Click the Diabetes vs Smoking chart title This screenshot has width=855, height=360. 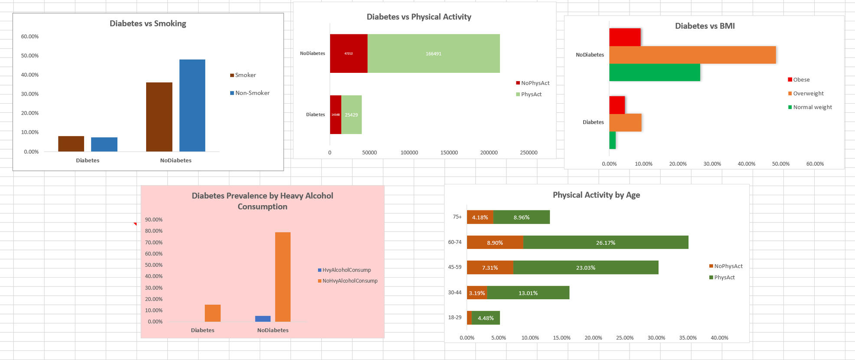pyautogui.click(x=148, y=23)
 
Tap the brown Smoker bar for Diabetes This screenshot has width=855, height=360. pyautogui.click(x=71, y=144)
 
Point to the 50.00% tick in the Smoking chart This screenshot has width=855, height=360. pyautogui.click(x=30, y=56)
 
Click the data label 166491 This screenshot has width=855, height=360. pyautogui.click(x=433, y=54)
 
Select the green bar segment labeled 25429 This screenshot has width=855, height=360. pyautogui.click(x=351, y=115)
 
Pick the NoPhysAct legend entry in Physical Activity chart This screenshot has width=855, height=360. pyautogui.click(x=535, y=83)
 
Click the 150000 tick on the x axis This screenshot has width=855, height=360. pyautogui.click(x=449, y=153)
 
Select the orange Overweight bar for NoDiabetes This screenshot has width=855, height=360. pyautogui.click(x=692, y=55)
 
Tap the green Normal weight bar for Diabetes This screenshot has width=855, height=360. pyautogui.click(x=612, y=140)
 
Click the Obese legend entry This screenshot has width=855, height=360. pyautogui.click(x=801, y=80)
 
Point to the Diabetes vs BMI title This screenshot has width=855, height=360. pyautogui.click(x=705, y=26)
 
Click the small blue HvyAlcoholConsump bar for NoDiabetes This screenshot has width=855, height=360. pyautogui.click(x=263, y=319)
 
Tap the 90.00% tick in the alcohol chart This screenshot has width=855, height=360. pyautogui.click(x=153, y=219)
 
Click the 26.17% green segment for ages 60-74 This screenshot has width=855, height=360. pyautogui.click(x=605, y=242)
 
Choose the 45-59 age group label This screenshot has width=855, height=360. pyautogui.click(x=454, y=267)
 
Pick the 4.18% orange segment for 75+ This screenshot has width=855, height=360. pyautogui.click(x=480, y=217)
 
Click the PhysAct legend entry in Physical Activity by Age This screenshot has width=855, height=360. pyautogui.click(x=724, y=278)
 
